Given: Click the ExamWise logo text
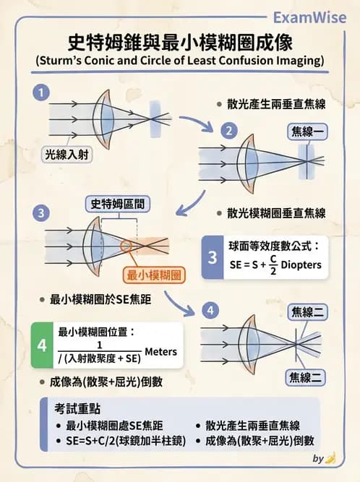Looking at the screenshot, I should (x=314, y=15).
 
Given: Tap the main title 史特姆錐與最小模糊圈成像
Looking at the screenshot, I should (x=180, y=40).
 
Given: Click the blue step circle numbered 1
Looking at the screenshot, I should (x=42, y=92).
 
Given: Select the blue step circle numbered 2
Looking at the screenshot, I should (x=228, y=131).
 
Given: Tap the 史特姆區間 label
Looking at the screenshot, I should (x=119, y=204).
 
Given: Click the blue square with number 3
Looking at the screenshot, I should (x=212, y=257).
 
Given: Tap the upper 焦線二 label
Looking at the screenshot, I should (x=307, y=311).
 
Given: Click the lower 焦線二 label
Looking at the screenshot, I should (x=306, y=376).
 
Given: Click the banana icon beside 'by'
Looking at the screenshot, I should (x=331, y=458).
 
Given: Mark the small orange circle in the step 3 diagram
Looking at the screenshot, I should (x=127, y=246).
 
